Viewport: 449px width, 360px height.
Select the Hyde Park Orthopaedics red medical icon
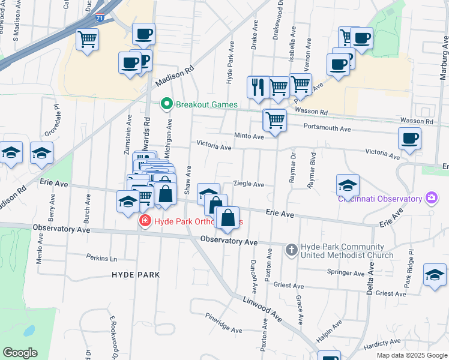(x=144, y=221)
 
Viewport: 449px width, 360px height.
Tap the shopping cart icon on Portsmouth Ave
(x=275, y=120)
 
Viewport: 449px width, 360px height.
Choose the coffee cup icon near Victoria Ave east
(x=409, y=138)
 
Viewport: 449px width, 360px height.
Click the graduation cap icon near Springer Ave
(x=435, y=275)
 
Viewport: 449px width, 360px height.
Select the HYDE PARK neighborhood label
(x=136, y=275)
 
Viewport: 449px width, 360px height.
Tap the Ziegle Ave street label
(x=249, y=184)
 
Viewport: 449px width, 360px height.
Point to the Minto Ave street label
(x=249, y=137)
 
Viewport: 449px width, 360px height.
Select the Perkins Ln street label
(x=101, y=259)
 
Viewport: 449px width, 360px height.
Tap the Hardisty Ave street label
(x=381, y=343)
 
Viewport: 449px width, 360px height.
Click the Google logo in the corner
(x=20, y=352)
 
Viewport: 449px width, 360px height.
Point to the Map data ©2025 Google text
(x=411, y=355)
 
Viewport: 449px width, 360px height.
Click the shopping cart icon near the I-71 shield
(x=88, y=40)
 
